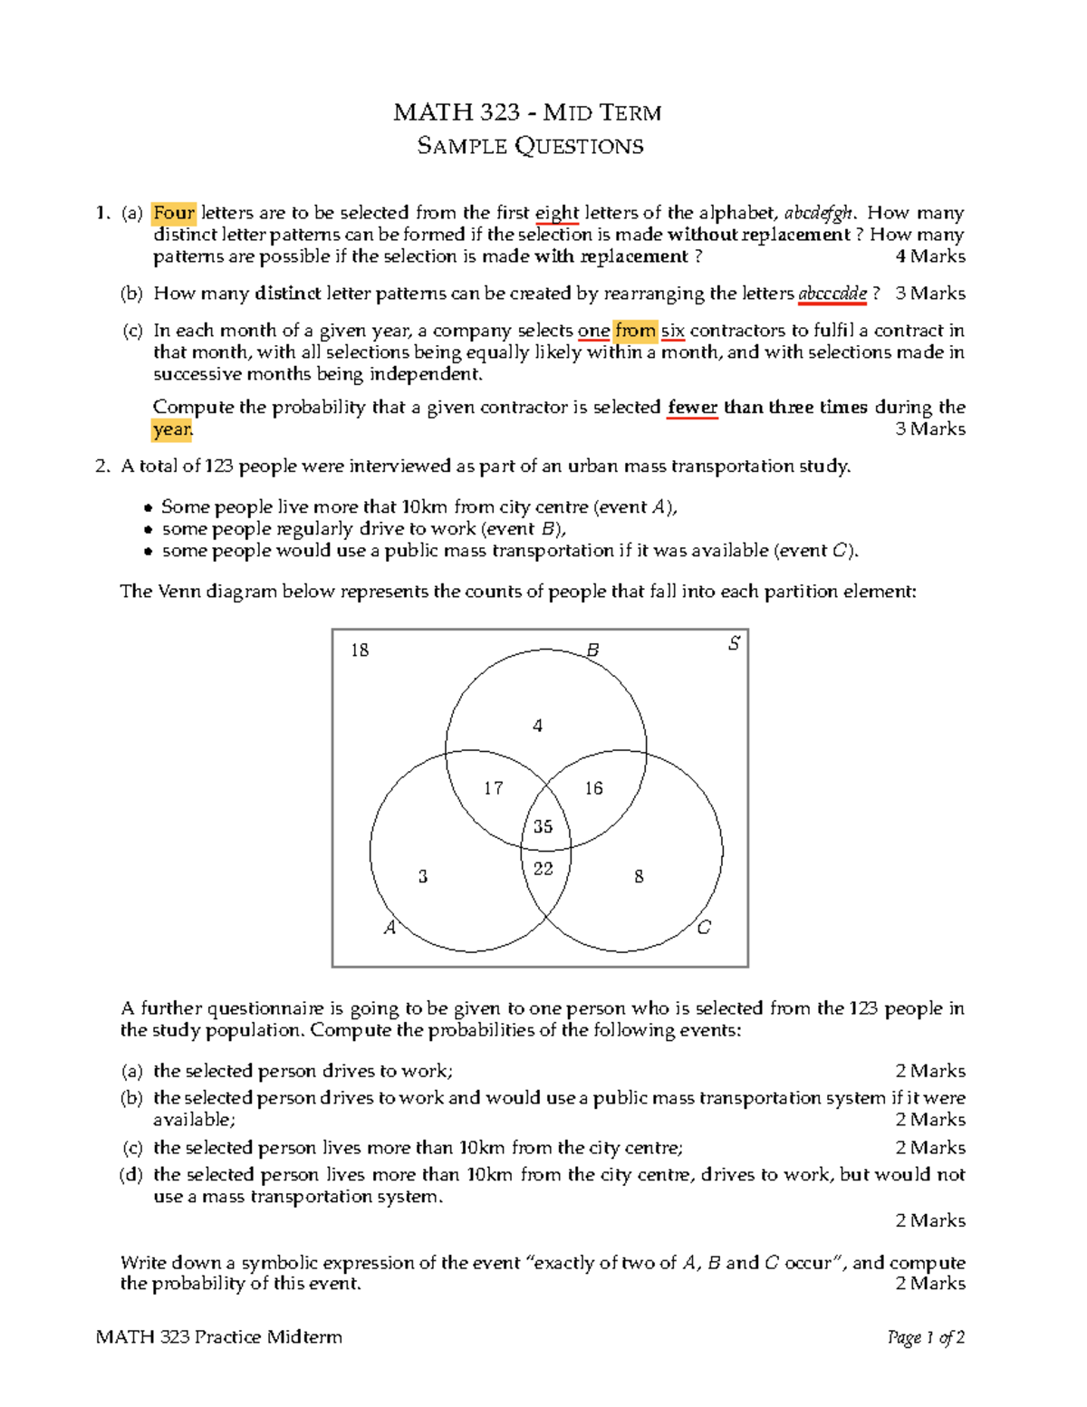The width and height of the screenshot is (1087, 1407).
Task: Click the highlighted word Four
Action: tap(174, 213)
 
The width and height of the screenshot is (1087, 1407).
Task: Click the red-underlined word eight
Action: tap(556, 213)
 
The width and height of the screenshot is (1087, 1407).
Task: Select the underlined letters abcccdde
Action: tap(832, 294)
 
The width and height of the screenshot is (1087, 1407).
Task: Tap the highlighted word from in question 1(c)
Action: tap(635, 331)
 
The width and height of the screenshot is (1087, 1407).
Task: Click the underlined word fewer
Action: tap(693, 407)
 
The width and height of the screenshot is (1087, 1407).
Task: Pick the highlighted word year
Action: tap(172, 429)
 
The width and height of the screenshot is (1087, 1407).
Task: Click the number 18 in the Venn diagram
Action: tap(360, 650)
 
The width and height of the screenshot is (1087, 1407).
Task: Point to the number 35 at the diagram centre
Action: tap(543, 826)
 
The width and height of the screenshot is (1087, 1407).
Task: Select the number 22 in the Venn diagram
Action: tap(543, 869)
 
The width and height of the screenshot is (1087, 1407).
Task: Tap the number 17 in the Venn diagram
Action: tap(493, 788)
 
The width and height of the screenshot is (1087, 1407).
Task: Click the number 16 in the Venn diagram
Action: tap(593, 788)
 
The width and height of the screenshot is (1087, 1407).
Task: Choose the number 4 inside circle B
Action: tap(537, 726)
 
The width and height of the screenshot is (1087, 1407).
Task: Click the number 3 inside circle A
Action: tap(422, 876)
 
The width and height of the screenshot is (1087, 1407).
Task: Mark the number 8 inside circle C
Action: tap(639, 876)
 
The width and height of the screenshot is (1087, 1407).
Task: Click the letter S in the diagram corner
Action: tap(734, 643)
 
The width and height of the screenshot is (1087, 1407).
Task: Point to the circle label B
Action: tap(592, 650)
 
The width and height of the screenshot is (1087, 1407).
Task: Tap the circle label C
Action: tap(704, 927)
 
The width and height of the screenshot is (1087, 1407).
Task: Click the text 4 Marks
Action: tap(930, 256)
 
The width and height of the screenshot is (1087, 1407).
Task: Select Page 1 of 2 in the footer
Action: tap(926, 1337)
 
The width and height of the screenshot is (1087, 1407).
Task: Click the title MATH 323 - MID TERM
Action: tap(528, 113)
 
